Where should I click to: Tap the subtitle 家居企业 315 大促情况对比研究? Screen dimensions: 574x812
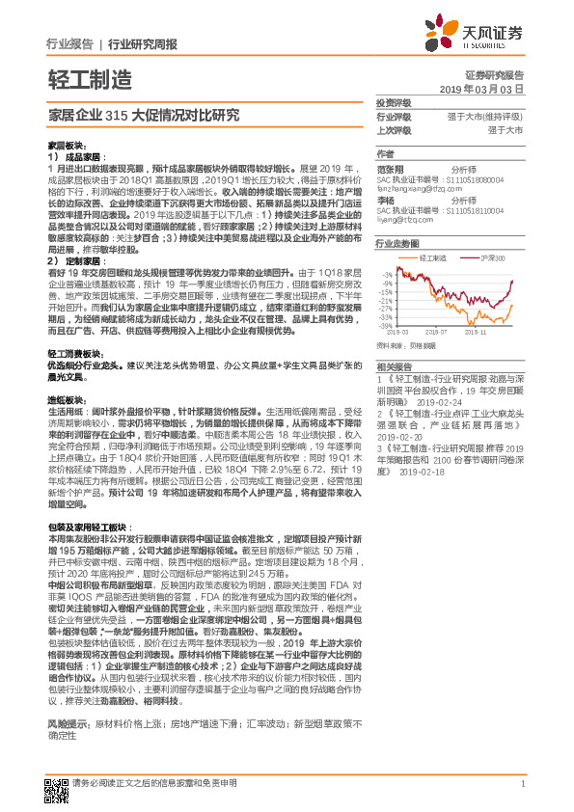pyautogui.click(x=144, y=114)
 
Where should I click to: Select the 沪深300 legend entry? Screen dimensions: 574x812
pyautogui.click(x=478, y=258)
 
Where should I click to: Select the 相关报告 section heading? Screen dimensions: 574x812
pyautogui.click(x=394, y=366)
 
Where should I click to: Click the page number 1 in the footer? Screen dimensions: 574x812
pyautogui.click(x=522, y=783)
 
